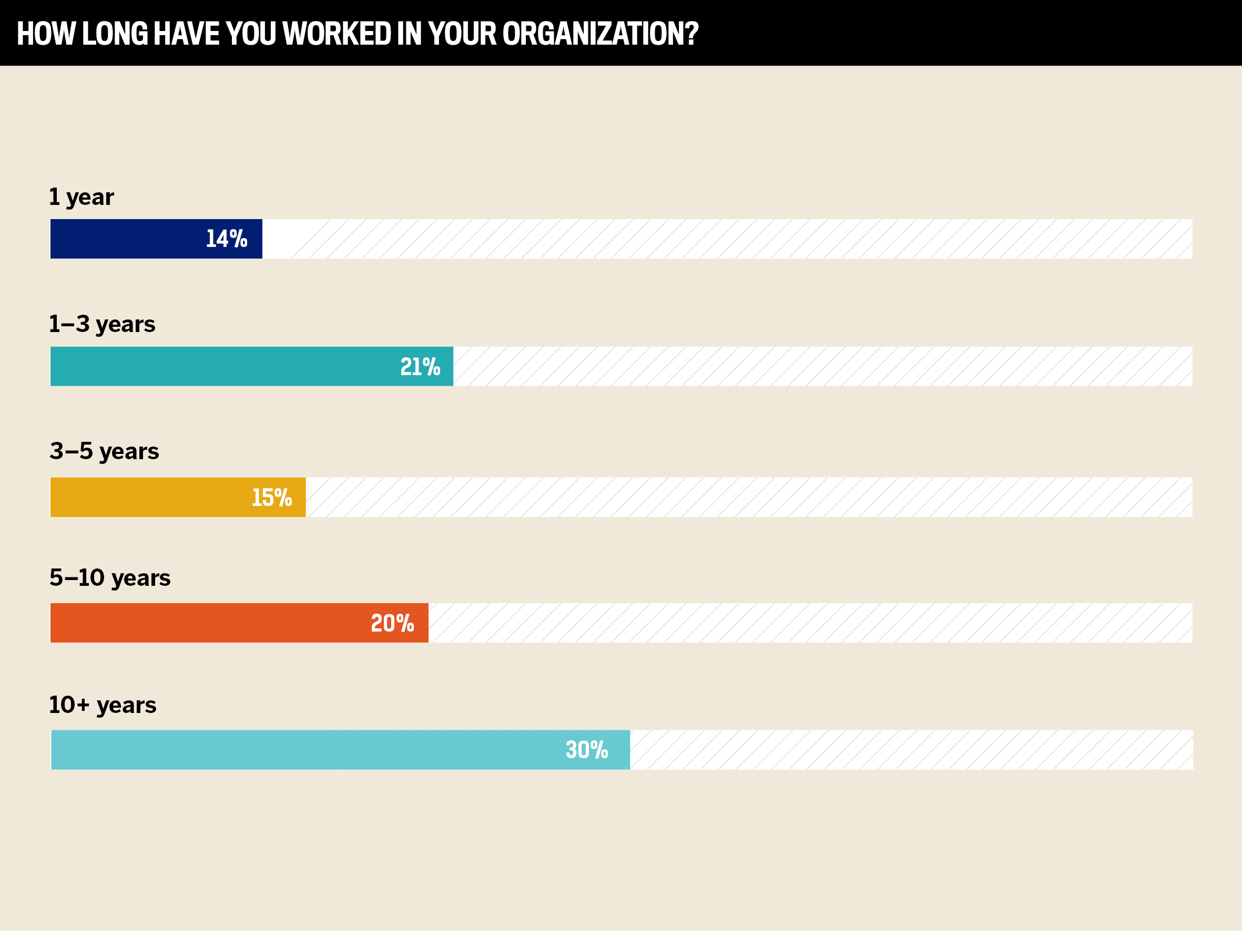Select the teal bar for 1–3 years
click(x=225, y=366)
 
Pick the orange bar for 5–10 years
click(x=208, y=623)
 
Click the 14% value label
click(x=227, y=239)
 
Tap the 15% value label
click(x=272, y=498)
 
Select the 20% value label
click(x=392, y=624)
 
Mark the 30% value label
click(x=587, y=750)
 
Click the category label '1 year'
click(x=82, y=197)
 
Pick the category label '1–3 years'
click(x=102, y=324)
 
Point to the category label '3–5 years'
click(x=105, y=451)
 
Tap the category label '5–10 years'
click(x=110, y=578)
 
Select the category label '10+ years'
click(x=103, y=706)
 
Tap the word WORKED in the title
click(x=337, y=34)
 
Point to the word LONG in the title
click(x=115, y=34)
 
